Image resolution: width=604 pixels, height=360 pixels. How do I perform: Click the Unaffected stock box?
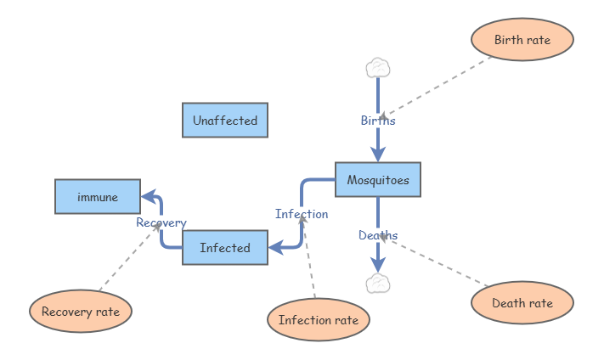pyautogui.click(x=225, y=121)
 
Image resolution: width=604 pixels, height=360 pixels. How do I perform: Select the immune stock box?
pyautogui.click(x=98, y=197)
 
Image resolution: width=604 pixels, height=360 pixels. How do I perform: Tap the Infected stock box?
pyautogui.click(x=225, y=248)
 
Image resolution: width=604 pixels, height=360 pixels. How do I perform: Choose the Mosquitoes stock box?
pyautogui.click(x=378, y=180)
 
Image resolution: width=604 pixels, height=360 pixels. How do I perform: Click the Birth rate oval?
pyautogui.click(x=522, y=40)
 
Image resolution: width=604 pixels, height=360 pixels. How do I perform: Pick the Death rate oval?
pyautogui.click(x=522, y=303)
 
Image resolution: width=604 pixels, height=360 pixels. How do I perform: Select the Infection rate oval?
pyautogui.click(x=319, y=320)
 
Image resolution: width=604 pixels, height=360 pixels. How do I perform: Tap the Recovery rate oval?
pyautogui.click(x=81, y=312)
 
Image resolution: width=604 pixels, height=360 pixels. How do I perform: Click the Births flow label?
pyautogui.click(x=378, y=121)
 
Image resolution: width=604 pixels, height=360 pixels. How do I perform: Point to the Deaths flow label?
pyautogui.click(x=378, y=235)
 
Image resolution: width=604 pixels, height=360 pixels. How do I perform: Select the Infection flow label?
pyautogui.click(x=302, y=214)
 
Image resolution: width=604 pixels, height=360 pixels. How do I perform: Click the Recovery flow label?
pyautogui.click(x=161, y=222)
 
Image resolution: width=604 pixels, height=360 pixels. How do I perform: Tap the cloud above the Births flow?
pyautogui.click(x=378, y=67)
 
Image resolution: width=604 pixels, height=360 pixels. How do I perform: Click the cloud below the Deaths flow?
pyautogui.click(x=378, y=284)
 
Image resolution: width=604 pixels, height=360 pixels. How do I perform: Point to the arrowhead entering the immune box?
pyautogui.click(x=149, y=197)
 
